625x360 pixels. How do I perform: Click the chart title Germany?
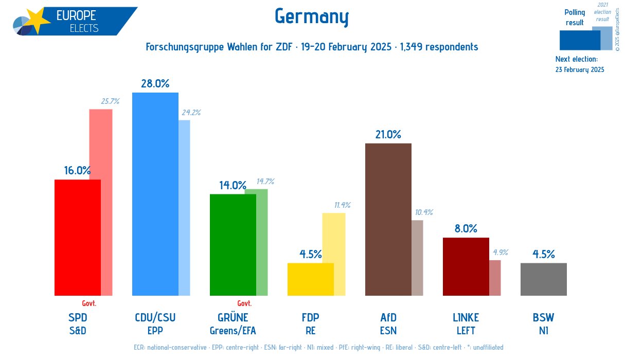click(x=312, y=16)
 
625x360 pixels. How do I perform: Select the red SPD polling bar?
click(x=77, y=238)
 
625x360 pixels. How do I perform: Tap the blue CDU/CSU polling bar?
click(x=155, y=194)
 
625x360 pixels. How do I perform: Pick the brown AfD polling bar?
click(x=388, y=219)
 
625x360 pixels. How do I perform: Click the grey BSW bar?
click(x=543, y=279)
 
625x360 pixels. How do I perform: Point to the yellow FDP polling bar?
click(x=310, y=279)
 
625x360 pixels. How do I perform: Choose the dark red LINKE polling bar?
click(x=466, y=266)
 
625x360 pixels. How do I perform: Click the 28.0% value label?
click(x=155, y=84)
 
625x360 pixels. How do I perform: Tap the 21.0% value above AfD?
click(x=388, y=134)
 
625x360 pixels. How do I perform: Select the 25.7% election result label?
click(x=110, y=101)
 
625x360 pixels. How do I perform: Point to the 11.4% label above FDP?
click(x=342, y=205)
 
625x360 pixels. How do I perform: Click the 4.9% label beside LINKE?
click(x=500, y=253)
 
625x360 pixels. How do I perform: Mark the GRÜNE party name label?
click(x=233, y=317)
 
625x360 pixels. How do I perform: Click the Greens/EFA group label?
click(x=233, y=330)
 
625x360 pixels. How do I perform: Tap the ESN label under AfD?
click(x=388, y=330)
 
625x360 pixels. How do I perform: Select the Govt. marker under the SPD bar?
click(x=89, y=303)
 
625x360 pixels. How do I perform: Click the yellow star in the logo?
click(x=37, y=20)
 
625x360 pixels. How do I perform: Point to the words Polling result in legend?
click(x=575, y=17)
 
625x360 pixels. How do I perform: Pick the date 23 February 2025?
click(x=580, y=69)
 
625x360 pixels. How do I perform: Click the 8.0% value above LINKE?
click(x=466, y=229)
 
